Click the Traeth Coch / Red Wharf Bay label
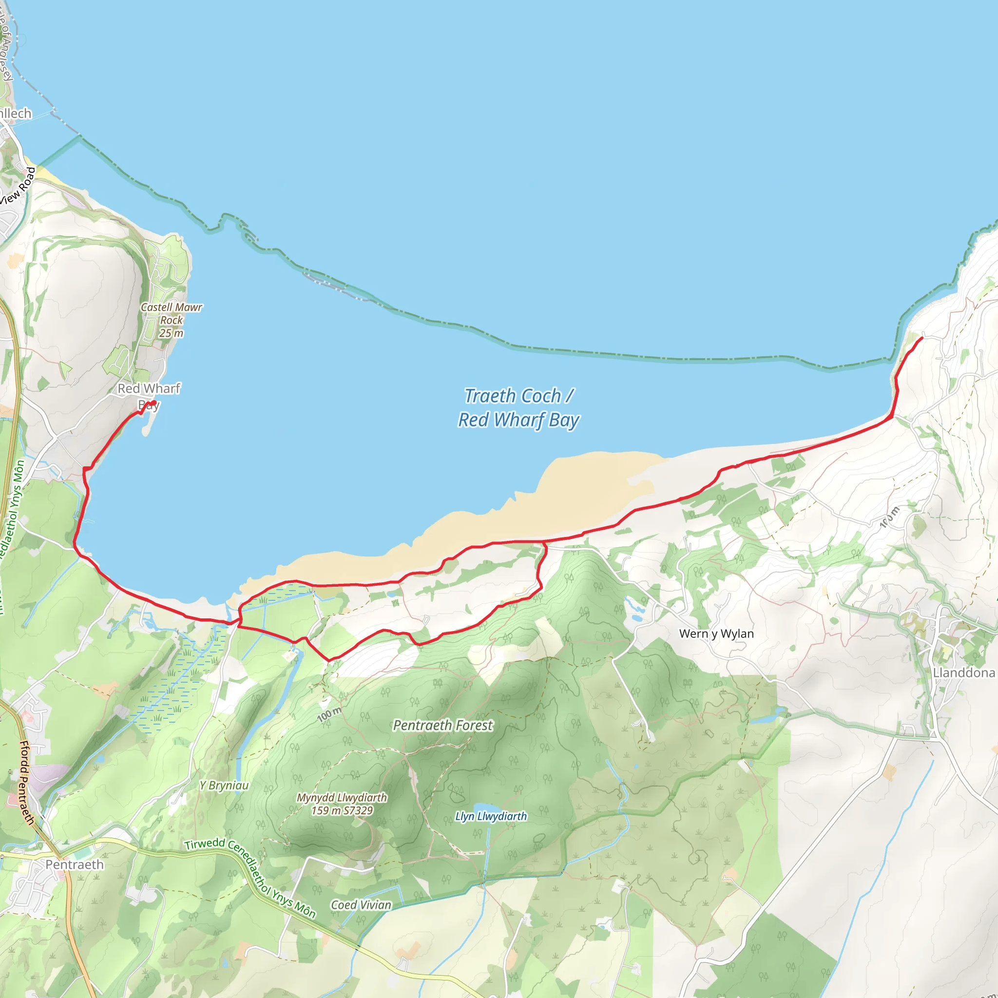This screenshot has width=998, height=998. [518, 408]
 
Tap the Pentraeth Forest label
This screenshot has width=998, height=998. [442, 725]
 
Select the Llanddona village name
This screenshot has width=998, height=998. [963, 672]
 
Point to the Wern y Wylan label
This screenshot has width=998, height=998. [716, 633]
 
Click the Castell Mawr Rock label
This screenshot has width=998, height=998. [172, 313]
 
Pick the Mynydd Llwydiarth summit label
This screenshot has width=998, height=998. [342, 804]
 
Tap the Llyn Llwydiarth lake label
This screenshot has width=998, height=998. [491, 816]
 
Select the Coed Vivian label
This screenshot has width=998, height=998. [361, 905]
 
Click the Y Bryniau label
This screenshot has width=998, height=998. [224, 785]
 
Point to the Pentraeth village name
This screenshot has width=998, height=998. [75, 865]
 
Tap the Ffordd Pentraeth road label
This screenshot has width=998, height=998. [26, 783]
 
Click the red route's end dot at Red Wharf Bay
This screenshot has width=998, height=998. [153, 403]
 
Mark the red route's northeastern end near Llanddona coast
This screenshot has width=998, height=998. [922, 338]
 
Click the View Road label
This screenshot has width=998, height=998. [19, 186]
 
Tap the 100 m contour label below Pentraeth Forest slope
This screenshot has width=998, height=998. [329, 714]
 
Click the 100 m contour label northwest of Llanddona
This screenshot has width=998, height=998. [889, 517]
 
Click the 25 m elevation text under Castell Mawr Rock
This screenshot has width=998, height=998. [171, 333]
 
